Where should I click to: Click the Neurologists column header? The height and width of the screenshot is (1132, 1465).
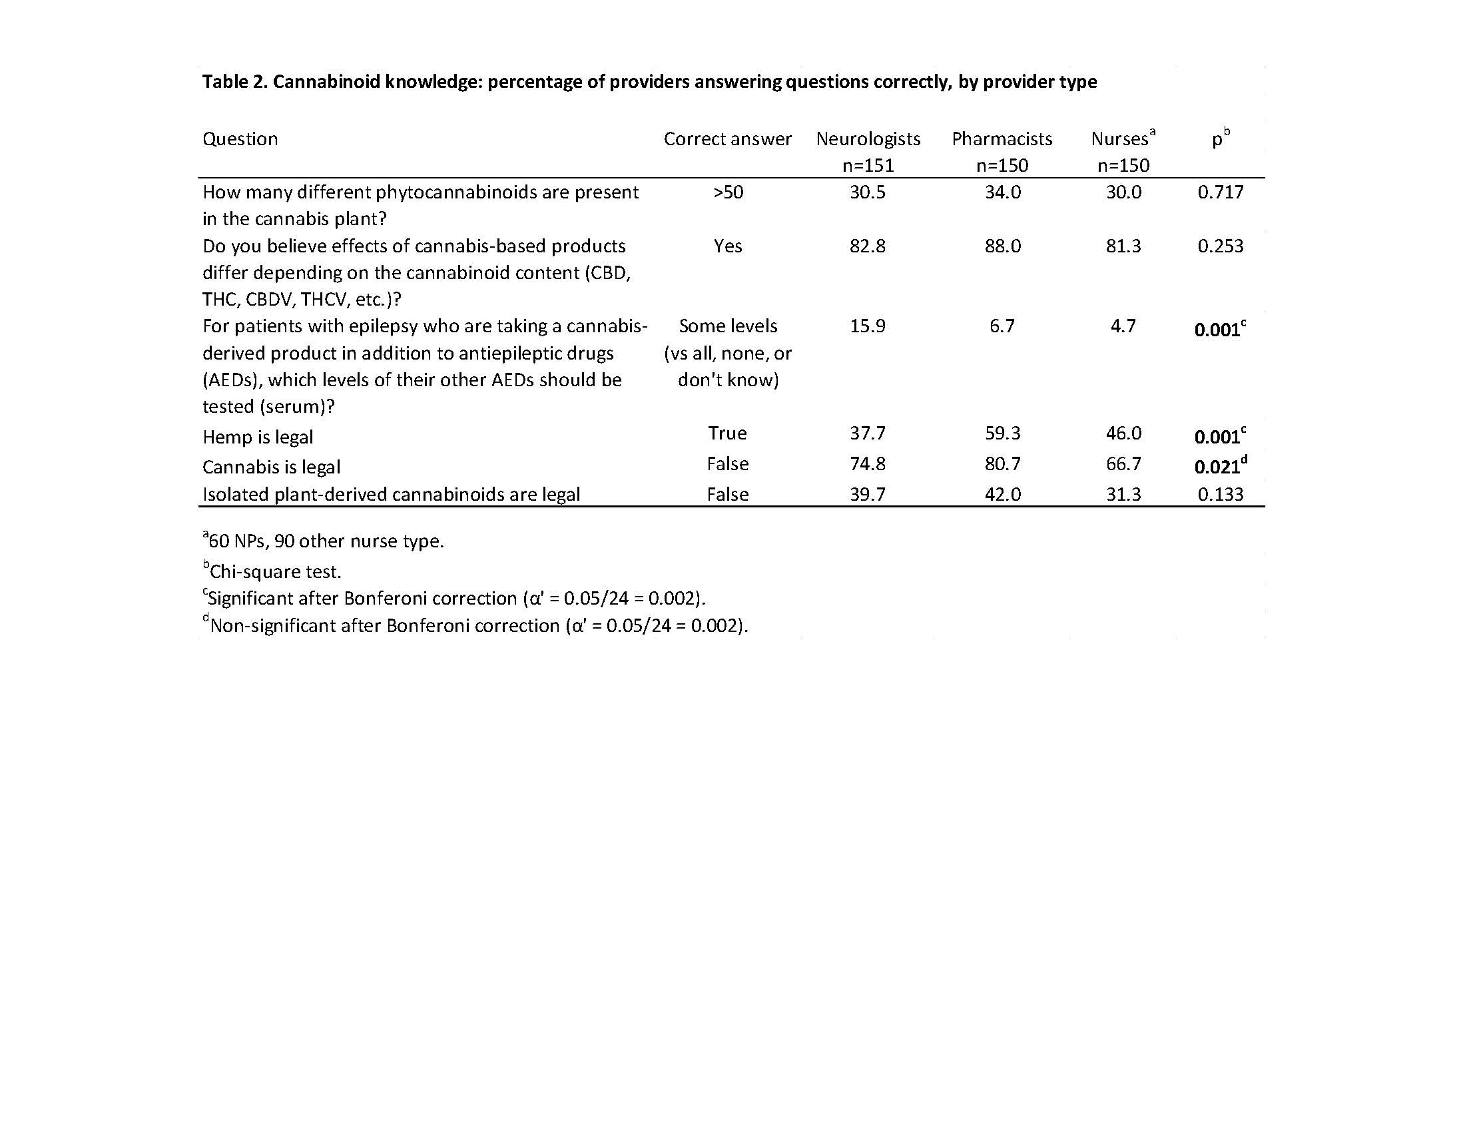868,139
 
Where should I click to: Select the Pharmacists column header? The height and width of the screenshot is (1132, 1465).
1002,139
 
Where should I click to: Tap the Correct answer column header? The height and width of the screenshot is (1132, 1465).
728,139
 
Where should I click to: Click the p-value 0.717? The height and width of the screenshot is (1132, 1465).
1220,192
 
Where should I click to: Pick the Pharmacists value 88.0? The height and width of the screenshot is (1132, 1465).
1002,246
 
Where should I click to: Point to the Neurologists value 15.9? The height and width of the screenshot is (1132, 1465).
867,326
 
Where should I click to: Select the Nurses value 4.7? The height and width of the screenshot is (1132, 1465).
1123,326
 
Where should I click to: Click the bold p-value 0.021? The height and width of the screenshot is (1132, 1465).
1217,467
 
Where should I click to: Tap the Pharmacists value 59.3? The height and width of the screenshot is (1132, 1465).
1002,433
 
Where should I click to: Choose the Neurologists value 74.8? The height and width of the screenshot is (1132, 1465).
867,463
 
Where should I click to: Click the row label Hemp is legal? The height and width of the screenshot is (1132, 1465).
258,437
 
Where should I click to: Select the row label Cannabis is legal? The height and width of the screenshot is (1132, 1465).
271,467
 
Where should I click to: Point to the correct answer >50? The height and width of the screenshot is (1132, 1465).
728,192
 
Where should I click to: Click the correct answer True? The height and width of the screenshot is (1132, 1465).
728,433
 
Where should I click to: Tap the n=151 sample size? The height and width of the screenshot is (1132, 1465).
868,165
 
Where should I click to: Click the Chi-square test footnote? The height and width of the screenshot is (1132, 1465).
275,571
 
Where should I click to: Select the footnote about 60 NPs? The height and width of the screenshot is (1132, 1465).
326,541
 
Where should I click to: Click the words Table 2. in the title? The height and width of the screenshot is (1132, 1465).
235,82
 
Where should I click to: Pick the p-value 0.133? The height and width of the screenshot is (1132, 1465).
1220,494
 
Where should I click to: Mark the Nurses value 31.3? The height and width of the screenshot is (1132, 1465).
1123,494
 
